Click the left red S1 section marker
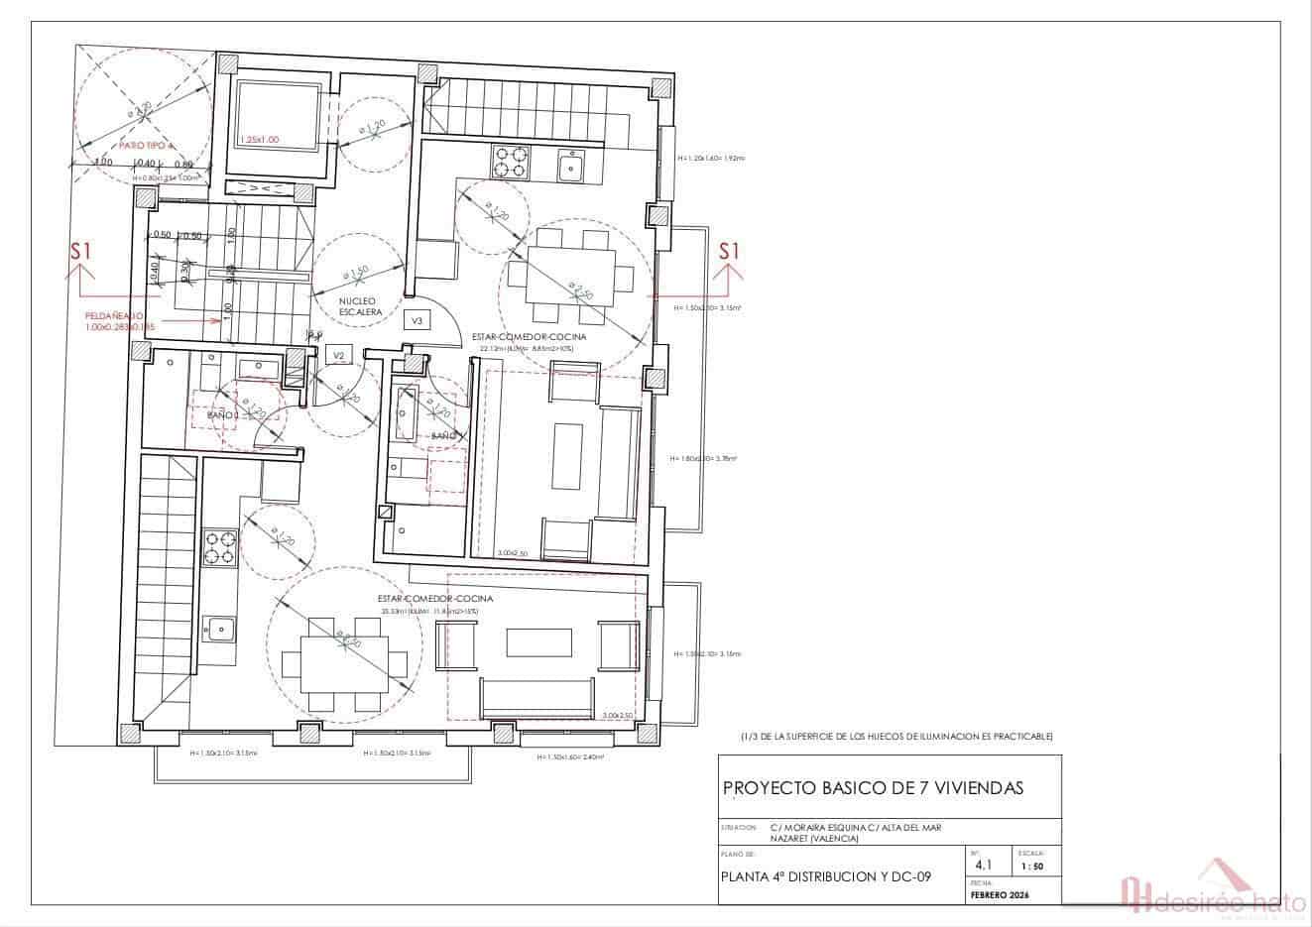[80, 252]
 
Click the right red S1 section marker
[729, 252]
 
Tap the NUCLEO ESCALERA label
[360, 305]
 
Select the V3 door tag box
[417, 320]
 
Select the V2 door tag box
[339, 354]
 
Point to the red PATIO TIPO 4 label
[146, 145]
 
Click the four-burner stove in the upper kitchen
[510, 162]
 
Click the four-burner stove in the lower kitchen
[220, 547]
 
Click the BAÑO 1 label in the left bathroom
[222, 415]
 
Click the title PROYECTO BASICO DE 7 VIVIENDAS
[873, 788]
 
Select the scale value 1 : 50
[1031, 867]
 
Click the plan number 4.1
[983, 866]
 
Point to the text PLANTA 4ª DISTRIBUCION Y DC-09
[826, 876]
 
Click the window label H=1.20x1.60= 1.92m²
[710, 158]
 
